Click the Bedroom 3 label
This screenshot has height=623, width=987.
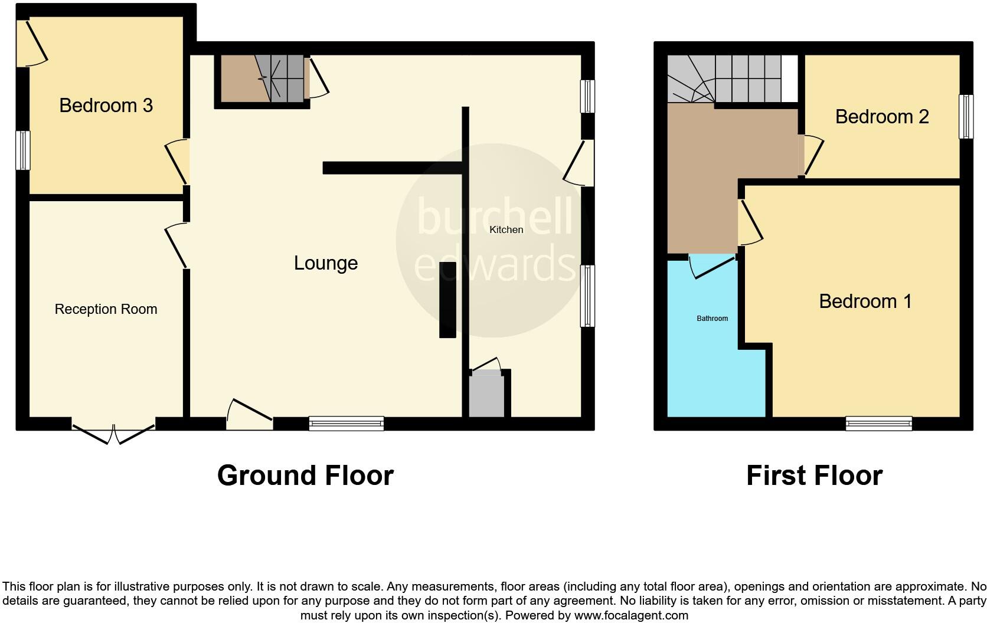[x=106, y=106]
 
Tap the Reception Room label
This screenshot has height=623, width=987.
[x=106, y=309]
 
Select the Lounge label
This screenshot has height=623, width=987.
[x=326, y=263]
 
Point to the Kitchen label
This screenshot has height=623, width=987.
[x=506, y=229]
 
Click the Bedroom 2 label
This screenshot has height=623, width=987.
[x=882, y=117]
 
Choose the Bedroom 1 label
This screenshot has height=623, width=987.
[x=865, y=301]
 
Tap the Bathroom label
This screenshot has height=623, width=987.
[x=712, y=319]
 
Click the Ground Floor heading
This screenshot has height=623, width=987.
[x=305, y=476]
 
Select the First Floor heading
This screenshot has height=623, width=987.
[x=814, y=476]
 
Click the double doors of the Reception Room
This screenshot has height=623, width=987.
[x=113, y=432]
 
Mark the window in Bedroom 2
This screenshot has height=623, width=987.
[x=966, y=116]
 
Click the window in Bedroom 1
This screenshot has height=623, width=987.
[x=878, y=423]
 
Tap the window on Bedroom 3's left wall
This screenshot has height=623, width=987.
[x=22, y=150]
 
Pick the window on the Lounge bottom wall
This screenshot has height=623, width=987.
[x=346, y=423]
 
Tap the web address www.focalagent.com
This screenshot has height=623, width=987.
[x=631, y=615]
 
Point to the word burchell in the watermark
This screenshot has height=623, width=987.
[x=495, y=217]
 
